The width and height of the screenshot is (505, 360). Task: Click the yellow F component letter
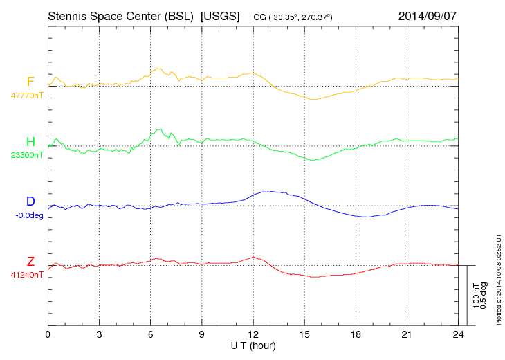[30, 82]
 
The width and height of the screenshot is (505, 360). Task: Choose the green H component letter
[30, 143]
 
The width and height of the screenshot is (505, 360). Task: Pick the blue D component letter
[30, 201]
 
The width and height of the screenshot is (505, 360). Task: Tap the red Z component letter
[30, 261]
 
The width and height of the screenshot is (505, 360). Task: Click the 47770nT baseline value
[27, 96]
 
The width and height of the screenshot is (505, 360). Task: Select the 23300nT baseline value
[27, 156]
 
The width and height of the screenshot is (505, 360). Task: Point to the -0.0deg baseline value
[28, 215]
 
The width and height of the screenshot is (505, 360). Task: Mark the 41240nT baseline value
[27, 275]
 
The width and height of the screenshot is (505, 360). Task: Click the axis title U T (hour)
[253, 345]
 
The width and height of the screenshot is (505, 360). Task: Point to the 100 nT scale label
[477, 296]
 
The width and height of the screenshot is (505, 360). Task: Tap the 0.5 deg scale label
[484, 296]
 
